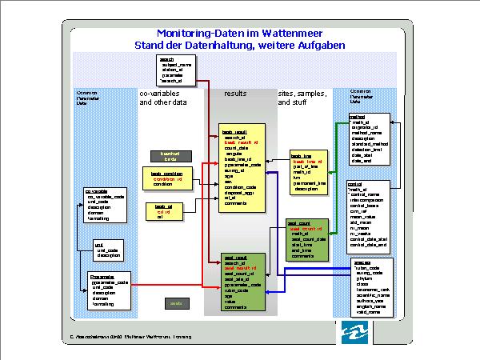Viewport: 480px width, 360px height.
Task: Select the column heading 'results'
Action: click(235, 94)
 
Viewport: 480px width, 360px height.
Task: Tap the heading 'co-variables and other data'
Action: click(163, 98)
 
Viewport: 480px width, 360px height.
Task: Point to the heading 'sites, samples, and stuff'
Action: click(302, 98)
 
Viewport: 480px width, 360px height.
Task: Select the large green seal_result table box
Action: click(243, 282)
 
